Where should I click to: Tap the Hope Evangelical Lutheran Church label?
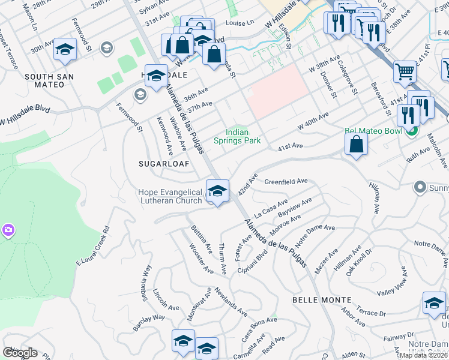170,196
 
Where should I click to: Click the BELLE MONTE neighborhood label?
322,299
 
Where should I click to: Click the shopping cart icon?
405,72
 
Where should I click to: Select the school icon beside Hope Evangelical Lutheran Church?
217,191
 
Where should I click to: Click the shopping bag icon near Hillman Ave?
357,144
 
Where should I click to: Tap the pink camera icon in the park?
8,229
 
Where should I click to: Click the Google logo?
20,353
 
